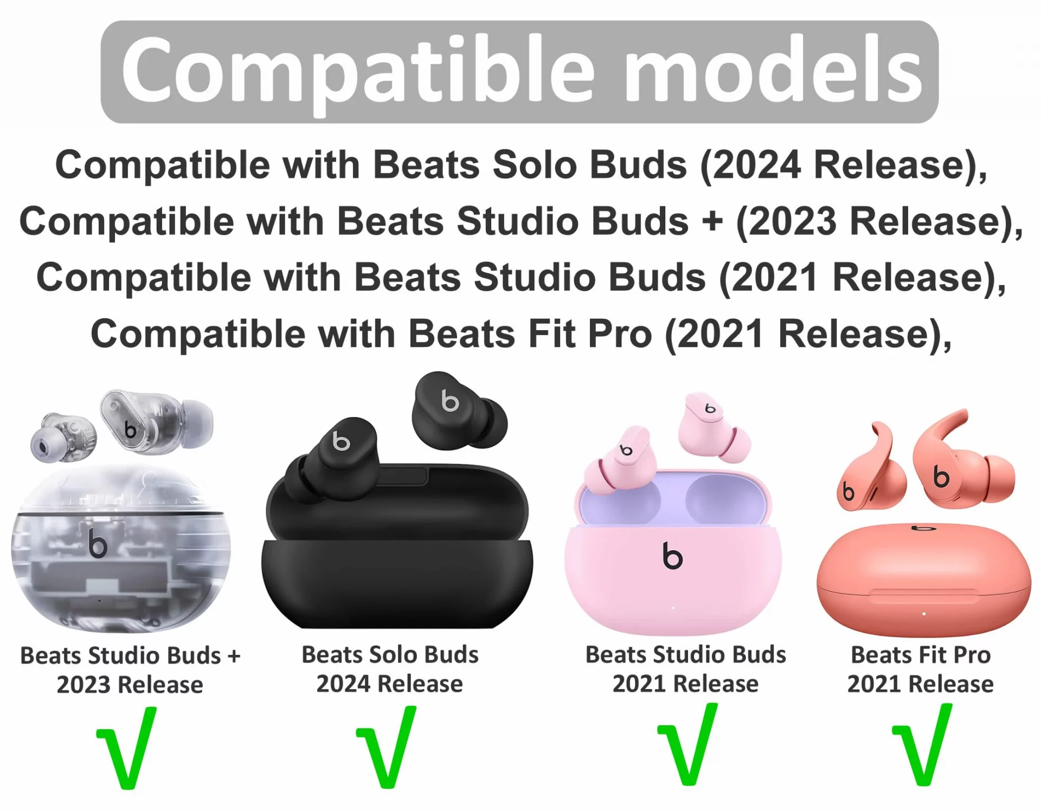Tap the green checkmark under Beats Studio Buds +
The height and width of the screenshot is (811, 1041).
[x=127, y=748]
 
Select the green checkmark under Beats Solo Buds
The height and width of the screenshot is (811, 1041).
[x=387, y=747]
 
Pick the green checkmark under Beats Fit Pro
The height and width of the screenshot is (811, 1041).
[x=922, y=744]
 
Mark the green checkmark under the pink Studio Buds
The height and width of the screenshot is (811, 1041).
[x=687, y=744]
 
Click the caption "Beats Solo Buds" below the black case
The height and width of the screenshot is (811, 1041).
[x=390, y=654]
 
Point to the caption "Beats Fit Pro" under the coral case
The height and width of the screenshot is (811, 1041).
[x=921, y=655]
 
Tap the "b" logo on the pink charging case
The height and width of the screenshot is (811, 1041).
[x=672, y=556]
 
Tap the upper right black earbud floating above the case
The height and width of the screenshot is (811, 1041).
[x=459, y=412]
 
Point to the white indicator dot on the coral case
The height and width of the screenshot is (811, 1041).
[x=924, y=614]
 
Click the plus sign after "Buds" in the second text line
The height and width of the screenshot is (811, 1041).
[x=712, y=222]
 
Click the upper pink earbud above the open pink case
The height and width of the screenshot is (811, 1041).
[x=714, y=426]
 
